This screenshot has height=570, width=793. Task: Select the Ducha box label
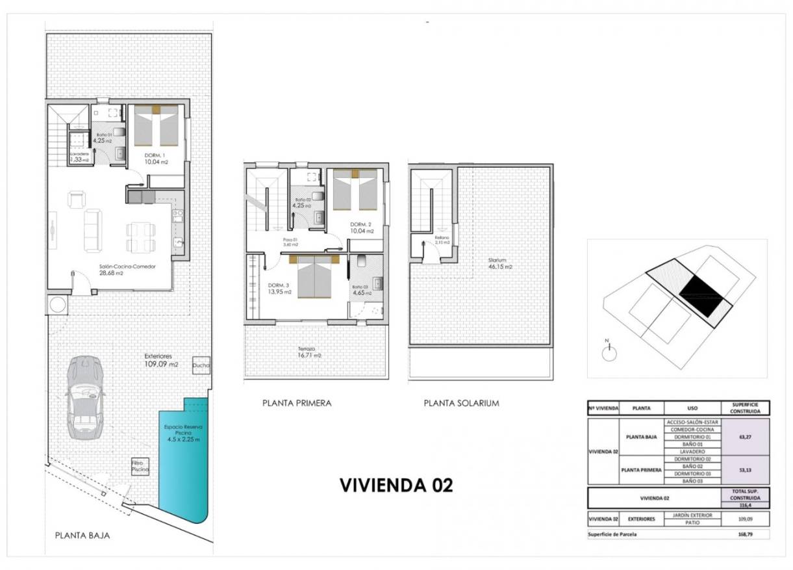pos(201,367)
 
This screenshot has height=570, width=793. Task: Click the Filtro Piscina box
pos(140,465)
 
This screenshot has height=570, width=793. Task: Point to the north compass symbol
pos(609,352)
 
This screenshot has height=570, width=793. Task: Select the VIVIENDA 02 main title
pos(396,486)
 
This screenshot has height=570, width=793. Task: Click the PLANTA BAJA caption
pos(82,536)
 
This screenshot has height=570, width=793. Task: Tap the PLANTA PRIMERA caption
pos(297,403)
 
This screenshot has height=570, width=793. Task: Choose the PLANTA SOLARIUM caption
pos(461,403)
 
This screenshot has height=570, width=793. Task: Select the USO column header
pos(692,409)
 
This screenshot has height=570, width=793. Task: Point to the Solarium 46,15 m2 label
pos(500,263)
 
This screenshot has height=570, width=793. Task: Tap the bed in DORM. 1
pos(156,125)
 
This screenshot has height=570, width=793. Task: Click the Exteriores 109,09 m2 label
pos(160,360)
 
